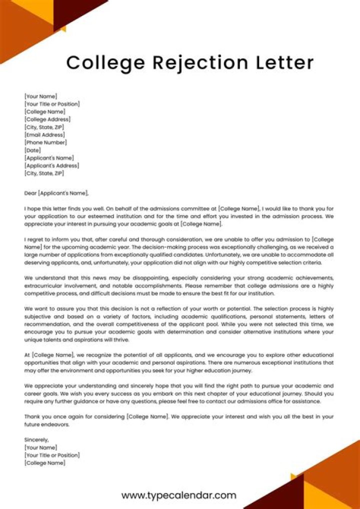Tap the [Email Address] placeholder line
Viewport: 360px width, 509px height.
click(x=45, y=135)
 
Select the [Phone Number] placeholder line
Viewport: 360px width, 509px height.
click(x=45, y=142)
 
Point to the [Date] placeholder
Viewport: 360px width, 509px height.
click(x=32, y=150)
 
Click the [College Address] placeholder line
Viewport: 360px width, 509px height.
click(x=47, y=119)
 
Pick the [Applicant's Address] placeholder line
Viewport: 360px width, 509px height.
click(x=51, y=165)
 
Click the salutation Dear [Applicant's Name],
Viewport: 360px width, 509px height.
click(x=56, y=192)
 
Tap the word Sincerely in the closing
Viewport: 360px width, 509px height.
click(x=36, y=439)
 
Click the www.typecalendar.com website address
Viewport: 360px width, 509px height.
click(x=179, y=495)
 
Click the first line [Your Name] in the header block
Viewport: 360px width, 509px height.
click(x=40, y=96)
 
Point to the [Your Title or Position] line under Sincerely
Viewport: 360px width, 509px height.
click(x=51, y=455)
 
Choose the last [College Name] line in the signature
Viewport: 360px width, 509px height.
click(x=44, y=463)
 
